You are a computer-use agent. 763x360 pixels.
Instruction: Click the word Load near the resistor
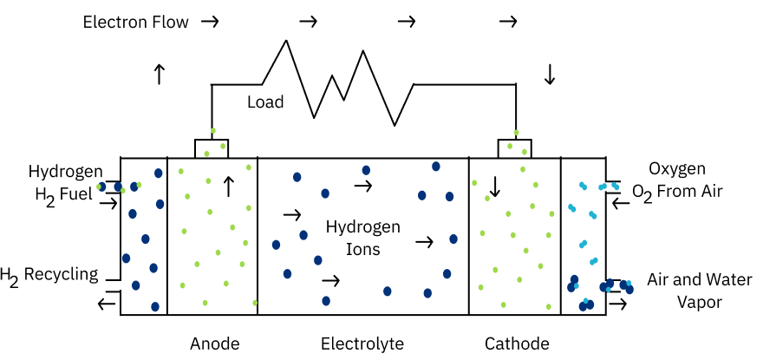[265, 102]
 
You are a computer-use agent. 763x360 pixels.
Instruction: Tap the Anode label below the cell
[215, 344]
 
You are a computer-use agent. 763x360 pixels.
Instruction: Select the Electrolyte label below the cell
[362, 344]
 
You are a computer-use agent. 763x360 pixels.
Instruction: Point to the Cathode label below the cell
[517, 344]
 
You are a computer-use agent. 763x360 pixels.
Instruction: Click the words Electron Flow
[136, 23]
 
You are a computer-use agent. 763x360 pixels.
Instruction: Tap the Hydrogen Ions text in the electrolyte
[362, 238]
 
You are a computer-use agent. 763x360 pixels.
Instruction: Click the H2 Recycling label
[49, 276]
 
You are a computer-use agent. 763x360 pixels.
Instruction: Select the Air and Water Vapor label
[699, 291]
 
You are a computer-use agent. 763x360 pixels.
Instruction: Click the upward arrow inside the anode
[228, 187]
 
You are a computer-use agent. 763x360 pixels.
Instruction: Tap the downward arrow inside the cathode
[495, 187]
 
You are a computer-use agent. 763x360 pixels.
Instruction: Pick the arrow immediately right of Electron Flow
[210, 22]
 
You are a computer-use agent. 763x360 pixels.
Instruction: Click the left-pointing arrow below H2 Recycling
[107, 304]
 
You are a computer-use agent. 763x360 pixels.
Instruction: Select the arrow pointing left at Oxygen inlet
[621, 202]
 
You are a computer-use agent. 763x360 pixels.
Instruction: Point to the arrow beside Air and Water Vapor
[618, 304]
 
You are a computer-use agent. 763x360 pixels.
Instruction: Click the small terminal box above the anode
[212, 148]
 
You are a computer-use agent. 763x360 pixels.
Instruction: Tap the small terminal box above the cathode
[514, 148]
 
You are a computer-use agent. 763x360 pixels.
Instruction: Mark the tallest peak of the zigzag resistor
[285, 41]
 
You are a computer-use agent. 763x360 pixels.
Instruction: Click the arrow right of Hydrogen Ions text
[424, 242]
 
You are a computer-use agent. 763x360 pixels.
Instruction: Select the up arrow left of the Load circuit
[160, 75]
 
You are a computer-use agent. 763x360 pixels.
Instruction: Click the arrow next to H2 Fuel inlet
[108, 203]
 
